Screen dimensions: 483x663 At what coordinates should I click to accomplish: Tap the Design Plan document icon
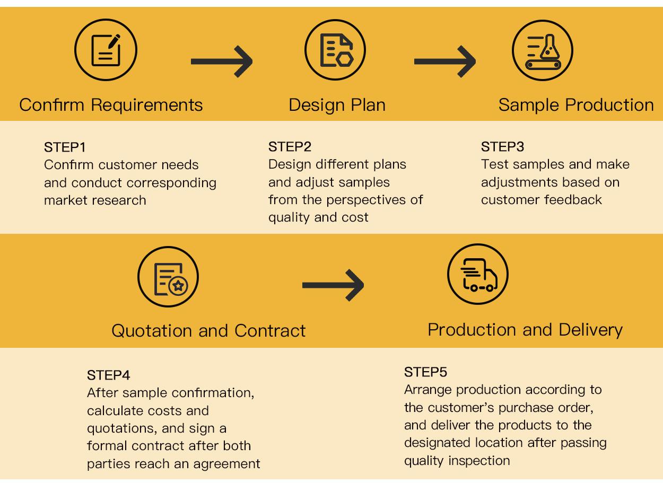[336, 50]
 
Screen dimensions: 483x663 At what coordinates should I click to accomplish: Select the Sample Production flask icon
[542, 50]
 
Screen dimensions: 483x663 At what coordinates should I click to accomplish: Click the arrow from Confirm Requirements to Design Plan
[222, 62]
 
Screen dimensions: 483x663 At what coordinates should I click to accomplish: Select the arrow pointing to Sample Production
[444, 62]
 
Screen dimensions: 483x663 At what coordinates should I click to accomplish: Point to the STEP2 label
[290, 147]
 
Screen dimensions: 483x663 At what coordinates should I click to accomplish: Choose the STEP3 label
[502, 147]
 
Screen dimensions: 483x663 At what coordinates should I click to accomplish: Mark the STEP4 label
[108, 375]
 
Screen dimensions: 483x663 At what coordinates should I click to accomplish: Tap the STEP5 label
[425, 372]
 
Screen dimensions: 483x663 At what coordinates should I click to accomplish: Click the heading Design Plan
[337, 105]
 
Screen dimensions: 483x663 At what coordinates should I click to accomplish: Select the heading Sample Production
[576, 105]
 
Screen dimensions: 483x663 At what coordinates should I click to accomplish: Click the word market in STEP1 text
[65, 200]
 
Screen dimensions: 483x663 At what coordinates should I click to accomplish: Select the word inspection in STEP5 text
[479, 460]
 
